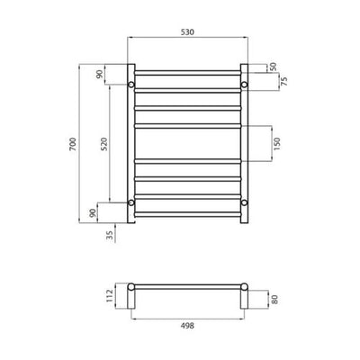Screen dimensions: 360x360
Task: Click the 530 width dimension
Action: pos(187,31)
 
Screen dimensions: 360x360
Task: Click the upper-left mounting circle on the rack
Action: pos(131,85)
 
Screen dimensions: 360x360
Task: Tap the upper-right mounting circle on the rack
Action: pos(243,85)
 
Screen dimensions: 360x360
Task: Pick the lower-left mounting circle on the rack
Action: pos(131,202)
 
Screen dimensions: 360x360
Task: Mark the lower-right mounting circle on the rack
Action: pos(243,202)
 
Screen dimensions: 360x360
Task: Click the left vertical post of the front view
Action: pos(131,144)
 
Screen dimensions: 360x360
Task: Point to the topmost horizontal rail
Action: pos(187,71)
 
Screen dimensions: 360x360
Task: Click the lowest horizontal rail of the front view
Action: pos(187,215)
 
